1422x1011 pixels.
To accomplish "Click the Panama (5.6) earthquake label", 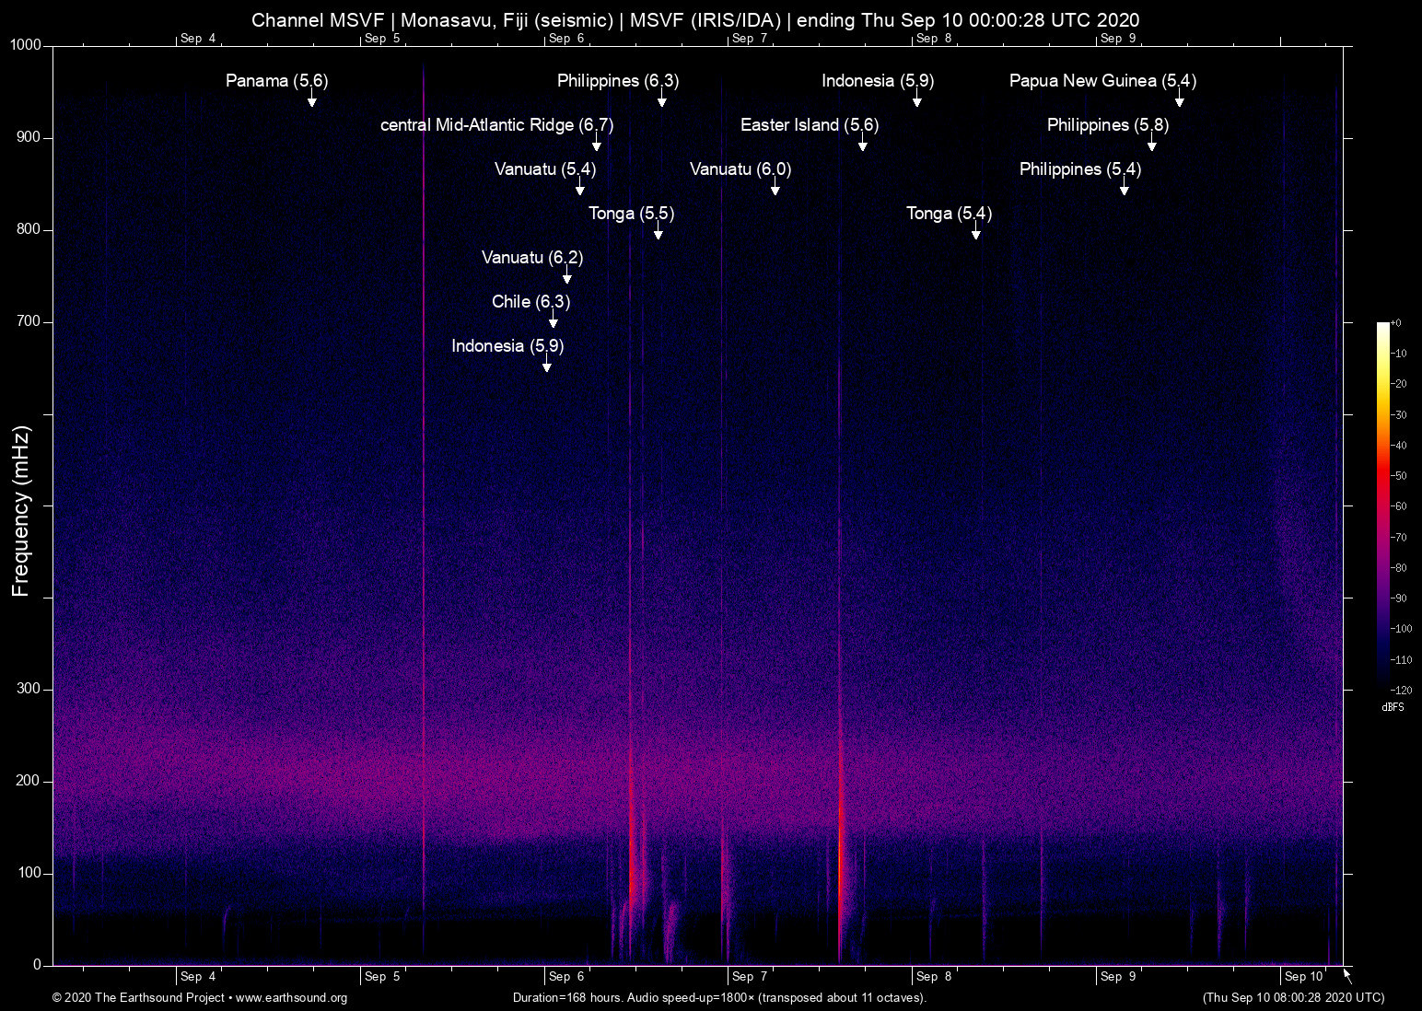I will (x=276, y=81).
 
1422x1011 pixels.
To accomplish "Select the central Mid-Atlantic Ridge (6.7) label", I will (x=496, y=125).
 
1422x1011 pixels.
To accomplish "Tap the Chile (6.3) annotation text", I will (x=530, y=302).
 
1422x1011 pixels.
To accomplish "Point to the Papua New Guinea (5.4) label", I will (x=1102, y=81).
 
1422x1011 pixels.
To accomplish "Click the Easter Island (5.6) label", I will (x=809, y=125).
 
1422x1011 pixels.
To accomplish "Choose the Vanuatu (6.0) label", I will (x=740, y=169).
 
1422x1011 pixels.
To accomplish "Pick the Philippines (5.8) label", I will (x=1107, y=125).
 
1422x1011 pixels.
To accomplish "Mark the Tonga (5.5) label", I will (x=631, y=214).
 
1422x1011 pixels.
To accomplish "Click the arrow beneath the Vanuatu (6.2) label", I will (x=567, y=277).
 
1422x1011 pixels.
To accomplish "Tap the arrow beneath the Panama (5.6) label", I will (x=312, y=100).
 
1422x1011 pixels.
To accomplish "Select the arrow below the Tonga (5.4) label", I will (x=976, y=233).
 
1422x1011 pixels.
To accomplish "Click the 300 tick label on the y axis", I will (x=29, y=689).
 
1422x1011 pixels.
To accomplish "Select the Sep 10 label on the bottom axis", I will (x=1303, y=977).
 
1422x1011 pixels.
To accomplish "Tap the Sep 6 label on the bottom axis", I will (x=565, y=977).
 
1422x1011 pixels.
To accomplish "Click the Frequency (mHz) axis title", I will (x=20, y=511).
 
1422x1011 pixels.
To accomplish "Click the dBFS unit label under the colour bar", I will (x=1393, y=707).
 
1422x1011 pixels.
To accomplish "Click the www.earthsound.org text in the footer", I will (x=291, y=998).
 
